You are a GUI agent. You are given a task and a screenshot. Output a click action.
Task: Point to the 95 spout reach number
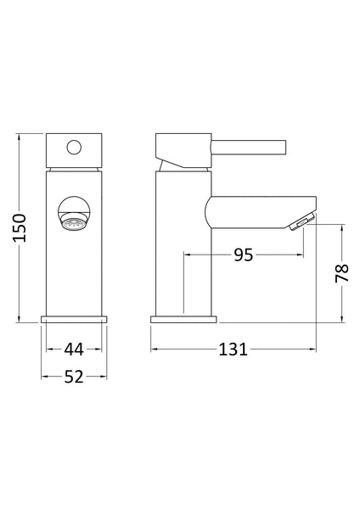244,255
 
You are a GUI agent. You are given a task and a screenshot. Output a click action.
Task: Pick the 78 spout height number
341,272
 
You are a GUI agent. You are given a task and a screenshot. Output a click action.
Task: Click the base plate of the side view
183,320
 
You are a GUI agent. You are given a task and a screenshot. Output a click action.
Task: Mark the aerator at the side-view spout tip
302,223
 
